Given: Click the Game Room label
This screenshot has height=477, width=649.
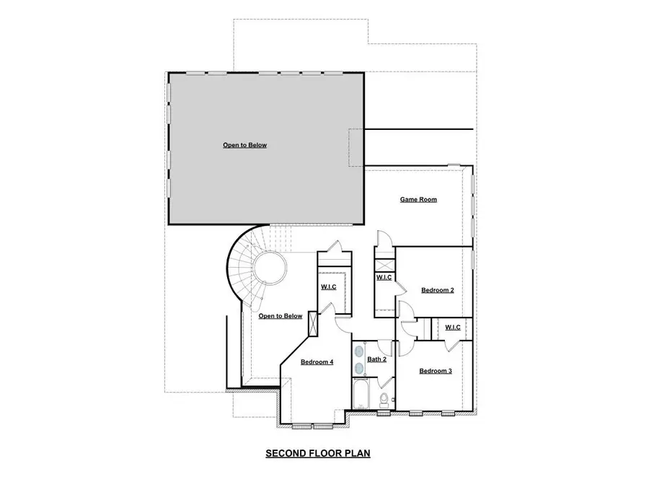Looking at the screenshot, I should (x=418, y=200).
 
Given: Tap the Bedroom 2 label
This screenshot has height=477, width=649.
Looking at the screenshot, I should (x=437, y=290).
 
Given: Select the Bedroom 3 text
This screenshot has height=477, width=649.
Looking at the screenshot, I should (x=436, y=371).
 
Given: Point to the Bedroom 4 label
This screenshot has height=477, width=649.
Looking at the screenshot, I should (x=317, y=362).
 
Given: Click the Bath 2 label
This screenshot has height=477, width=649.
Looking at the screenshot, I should (x=377, y=359).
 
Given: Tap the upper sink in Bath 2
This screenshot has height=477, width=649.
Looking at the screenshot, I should (x=359, y=351).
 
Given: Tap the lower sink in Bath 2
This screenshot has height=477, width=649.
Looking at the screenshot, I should (x=359, y=368).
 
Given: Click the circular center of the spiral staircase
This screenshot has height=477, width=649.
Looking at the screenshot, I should (x=270, y=268).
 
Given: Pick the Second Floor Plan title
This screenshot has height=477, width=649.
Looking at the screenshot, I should (x=317, y=454).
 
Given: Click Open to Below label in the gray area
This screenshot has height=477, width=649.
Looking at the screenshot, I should (x=244, y=145).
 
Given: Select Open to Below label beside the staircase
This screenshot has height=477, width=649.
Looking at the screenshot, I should (x=281, y=316).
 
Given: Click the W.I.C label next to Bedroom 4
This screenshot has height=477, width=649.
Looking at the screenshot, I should (x=329, y=287).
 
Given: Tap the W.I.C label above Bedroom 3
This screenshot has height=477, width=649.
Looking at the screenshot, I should (x=453, y=327).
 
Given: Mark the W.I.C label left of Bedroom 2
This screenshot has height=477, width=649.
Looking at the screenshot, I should (x=384, y=278).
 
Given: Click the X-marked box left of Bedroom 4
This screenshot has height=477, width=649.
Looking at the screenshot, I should (x=313, y=323).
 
